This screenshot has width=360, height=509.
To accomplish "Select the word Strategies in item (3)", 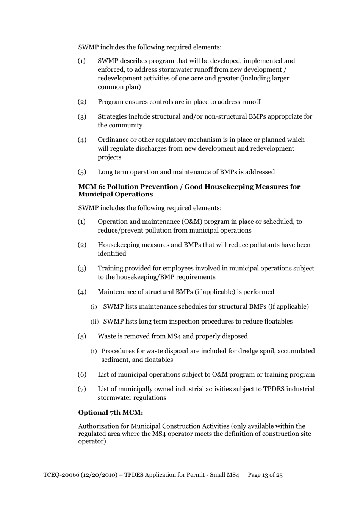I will point(113,116).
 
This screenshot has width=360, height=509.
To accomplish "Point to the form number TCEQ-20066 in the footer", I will point(61,475).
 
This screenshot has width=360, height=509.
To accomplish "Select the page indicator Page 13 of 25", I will point(265,475).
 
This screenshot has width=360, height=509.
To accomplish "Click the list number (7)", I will point(82,389).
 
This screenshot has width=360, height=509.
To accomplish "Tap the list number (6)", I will point(82,375).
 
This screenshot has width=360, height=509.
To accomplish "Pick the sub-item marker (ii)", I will point(94,322).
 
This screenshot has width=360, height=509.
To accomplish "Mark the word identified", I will point(112,254).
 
